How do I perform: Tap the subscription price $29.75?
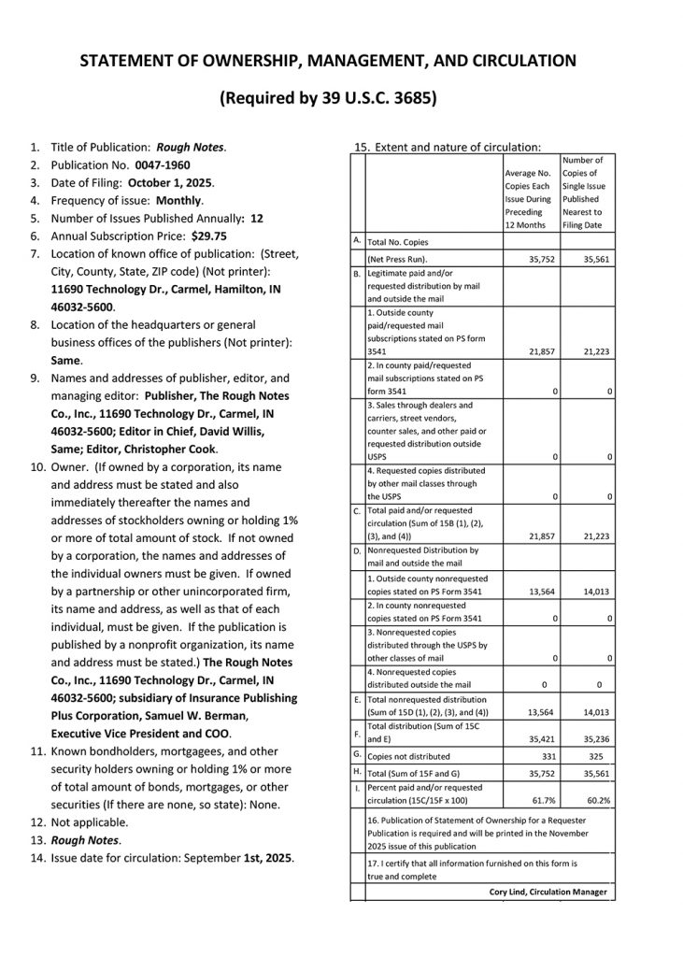coord(208,236)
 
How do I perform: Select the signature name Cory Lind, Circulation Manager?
coord(548,892)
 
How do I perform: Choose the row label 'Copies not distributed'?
coord(408,756)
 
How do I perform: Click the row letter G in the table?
coord(357,753)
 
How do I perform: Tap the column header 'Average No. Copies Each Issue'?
coord(531,186)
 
